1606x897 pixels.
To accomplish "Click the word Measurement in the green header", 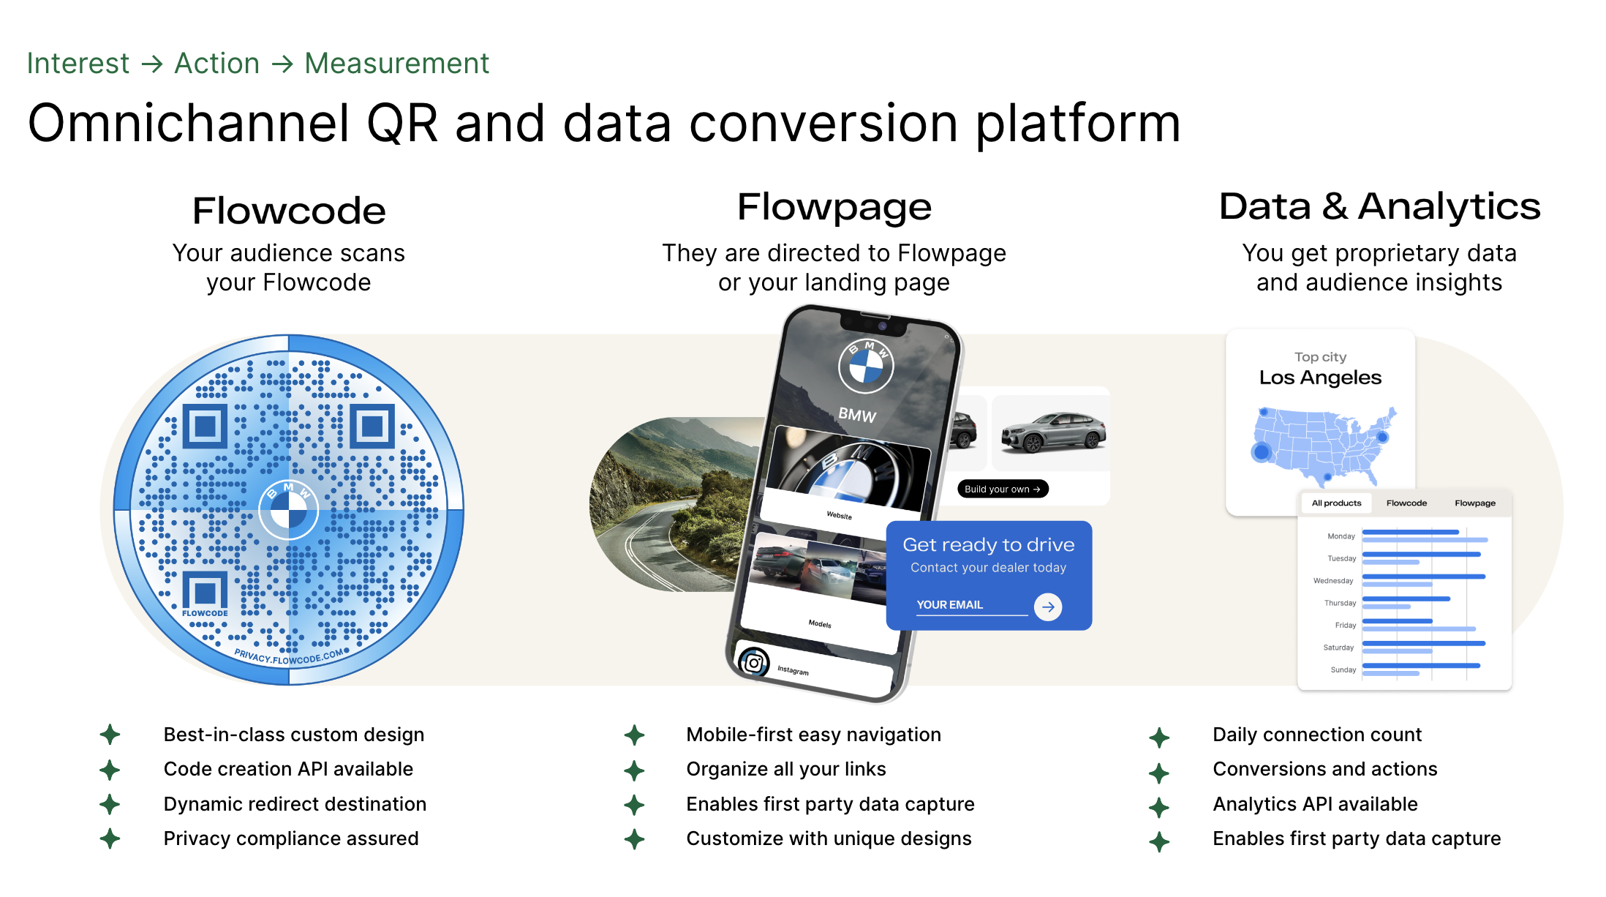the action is tap(396, 64).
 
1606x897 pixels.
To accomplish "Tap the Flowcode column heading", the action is tap(289, 211).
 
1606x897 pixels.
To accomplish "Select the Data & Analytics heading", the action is tap(1379, 206).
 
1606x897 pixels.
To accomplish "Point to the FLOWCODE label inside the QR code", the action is tap(205, 613).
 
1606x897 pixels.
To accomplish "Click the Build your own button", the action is tap(1003, 489).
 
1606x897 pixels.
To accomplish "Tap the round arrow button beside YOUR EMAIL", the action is tap(1048, 607).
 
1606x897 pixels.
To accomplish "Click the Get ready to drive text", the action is tap(988, 544).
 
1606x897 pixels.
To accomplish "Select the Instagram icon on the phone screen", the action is tap(754, 663).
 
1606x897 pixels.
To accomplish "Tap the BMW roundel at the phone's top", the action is tap(867, 365).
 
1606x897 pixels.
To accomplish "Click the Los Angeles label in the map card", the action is tap(1320, 378).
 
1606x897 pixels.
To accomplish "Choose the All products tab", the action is tap(1336, 503).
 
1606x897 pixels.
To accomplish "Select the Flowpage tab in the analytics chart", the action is tap(1474, 503).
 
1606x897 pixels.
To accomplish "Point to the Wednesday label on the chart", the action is tap(1333, 581).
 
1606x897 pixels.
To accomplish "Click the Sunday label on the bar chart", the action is tap(1343, 669).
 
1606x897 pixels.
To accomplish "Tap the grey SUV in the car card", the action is tap(1053, 432).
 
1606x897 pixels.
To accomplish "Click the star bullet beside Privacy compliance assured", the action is tap(110, 838).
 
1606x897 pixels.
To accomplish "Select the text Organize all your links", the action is tap(786, 769).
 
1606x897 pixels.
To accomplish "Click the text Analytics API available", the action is tap(1315, 804).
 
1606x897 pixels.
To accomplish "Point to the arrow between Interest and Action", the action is tap(152, 64).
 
